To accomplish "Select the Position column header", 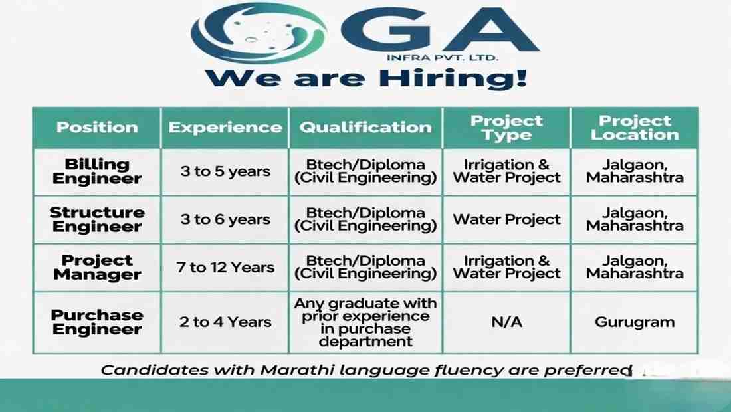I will click(x=97, y=128).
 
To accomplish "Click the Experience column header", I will click(x=225, y=128).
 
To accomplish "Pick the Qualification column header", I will click(x=365, y=128).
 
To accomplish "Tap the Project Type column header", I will click(x=506, y=128).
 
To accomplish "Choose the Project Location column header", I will click(x=635, y=128).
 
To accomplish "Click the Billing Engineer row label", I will click(x=97, y=171).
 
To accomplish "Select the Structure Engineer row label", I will click(x=97, y=219).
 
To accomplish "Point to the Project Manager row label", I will click(x=97, y=267).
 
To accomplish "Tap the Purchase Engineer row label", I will click(x=97, y=322).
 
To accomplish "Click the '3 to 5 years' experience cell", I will click(x=225, y=171).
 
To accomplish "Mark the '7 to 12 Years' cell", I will click(x=225, y=268).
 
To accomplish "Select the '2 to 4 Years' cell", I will click(x=225, y=322).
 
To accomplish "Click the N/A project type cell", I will click(x=506, y=322).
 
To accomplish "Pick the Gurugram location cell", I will click(x=635, y=322).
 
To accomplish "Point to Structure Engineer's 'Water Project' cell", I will click(x=506, y=219).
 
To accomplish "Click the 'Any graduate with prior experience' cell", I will click(x=365, y=322).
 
